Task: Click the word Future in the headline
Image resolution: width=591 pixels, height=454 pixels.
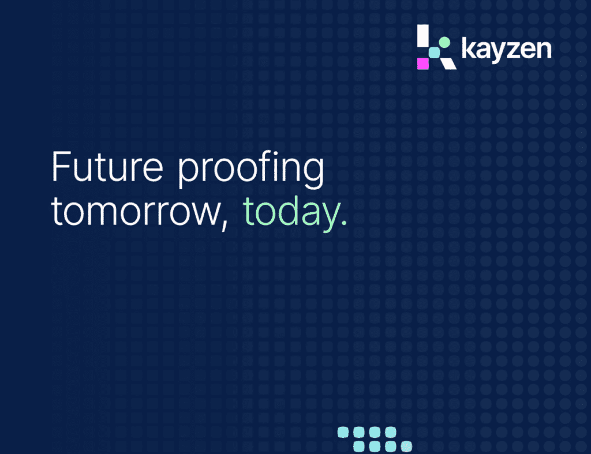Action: (x=107, y=167)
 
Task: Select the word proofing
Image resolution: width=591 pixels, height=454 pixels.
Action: (x=250, y=169)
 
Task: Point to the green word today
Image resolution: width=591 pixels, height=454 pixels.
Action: (x=290, y=213)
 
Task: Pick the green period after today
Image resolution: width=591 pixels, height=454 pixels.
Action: (x=343, y=223)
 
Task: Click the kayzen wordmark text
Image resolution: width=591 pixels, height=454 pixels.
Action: (x=507, y=49)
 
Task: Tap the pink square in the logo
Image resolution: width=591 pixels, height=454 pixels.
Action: (x=423, y=63)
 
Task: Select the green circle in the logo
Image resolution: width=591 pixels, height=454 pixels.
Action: (x=445, y=42)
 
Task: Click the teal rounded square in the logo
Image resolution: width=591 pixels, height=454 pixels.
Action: (x=434, y=52)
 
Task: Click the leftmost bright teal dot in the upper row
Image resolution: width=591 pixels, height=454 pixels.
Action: (x=343, y=432)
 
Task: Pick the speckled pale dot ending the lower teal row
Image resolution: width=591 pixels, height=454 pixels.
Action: (x=406, y=447)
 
